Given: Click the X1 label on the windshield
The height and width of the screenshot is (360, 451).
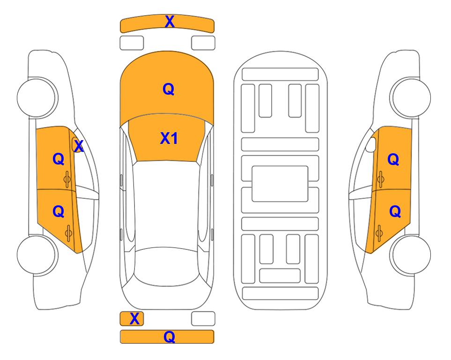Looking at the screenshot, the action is click(169, 138).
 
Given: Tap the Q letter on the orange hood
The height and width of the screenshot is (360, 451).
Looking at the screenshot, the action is click(169, 89).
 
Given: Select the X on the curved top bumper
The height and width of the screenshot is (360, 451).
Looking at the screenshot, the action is click(170, 21).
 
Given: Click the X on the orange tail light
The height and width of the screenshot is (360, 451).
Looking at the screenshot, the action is click(134, 319).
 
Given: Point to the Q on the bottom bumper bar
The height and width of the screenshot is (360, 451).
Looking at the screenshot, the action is click(169, 337).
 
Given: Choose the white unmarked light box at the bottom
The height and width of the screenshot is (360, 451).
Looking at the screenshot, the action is click(203, 319).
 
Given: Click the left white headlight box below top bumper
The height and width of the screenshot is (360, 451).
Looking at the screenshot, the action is click(132, 43).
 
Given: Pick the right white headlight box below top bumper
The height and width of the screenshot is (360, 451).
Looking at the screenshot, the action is click(203, 43).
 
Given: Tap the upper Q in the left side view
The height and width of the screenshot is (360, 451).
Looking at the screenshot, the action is click(59, 159).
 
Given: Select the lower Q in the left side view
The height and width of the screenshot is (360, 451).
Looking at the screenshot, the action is click(59, 212).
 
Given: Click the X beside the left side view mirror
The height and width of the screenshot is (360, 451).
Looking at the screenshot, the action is click(79, 146).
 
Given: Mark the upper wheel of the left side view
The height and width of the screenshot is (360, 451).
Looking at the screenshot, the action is click(37, 97).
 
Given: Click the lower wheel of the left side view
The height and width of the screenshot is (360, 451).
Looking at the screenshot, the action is click(37, 255).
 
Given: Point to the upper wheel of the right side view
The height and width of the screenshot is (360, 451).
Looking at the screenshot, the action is click(410, 97).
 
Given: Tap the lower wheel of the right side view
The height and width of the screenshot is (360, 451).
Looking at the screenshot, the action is click(410, 255).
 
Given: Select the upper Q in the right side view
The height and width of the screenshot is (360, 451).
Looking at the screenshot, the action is click(393, 159).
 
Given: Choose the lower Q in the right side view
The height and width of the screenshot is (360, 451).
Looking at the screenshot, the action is click(395, 212).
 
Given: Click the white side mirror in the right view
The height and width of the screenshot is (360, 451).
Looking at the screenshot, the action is click(371, 144).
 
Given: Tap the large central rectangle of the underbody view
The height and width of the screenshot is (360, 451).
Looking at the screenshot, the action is click(280, 184).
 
